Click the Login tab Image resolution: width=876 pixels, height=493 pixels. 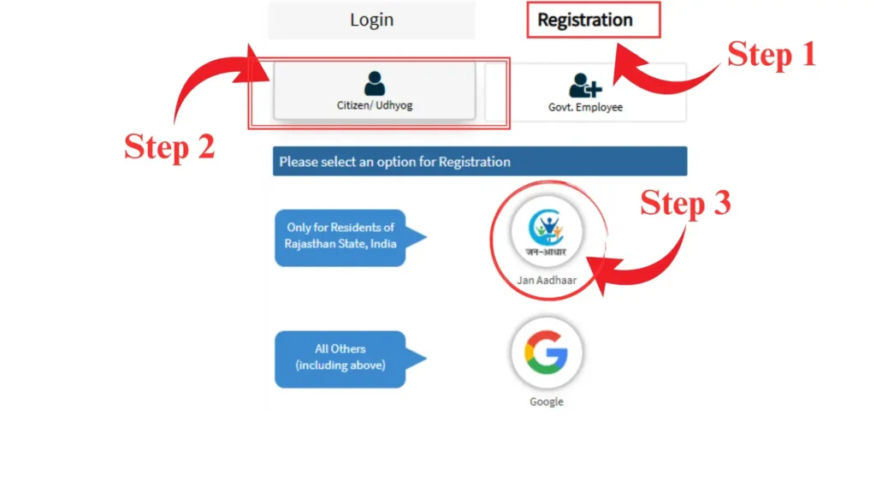coord(371,20)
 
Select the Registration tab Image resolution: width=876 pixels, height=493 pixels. coord(585,20)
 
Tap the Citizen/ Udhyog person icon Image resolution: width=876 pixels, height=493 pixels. coord(374,83)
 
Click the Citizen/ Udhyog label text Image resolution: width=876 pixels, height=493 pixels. coord(374,106)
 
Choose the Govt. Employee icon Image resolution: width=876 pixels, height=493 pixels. coord(585,85)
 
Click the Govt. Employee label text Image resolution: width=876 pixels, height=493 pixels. coord(585,108)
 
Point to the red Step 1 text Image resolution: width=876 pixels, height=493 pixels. coord(772,55)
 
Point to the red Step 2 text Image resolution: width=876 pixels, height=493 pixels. coord(169,146)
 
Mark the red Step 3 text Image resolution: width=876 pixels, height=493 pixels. coord(685,204)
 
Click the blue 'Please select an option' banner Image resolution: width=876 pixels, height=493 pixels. coord(479,162)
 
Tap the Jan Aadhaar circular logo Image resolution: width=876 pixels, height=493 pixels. coord(547,231)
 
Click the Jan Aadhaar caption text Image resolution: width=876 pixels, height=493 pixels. coord(547,280)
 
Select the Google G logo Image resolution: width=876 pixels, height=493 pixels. coord(547,353)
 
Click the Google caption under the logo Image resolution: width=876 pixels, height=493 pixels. coord(547,401)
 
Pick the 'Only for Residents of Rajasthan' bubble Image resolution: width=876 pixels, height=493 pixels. coord(340,235)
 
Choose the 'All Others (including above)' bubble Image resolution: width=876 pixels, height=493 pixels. coord(340,357)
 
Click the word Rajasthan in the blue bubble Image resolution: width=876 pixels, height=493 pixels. coord(311,244)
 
